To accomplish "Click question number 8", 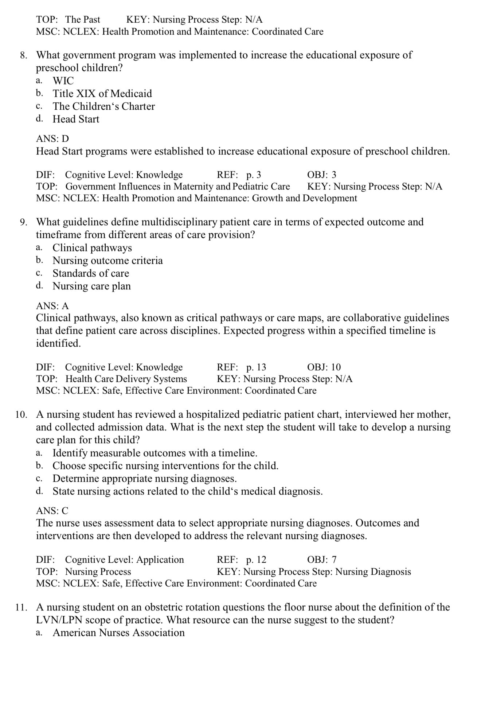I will pyautogui.click(x=23, y=55).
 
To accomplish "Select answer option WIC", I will pyautogui.click(x=63, y=81).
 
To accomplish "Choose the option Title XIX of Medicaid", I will pyautogui.click(x=102, y=93).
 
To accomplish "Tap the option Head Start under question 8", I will pyautogui.click(x=76, y=119).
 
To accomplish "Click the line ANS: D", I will pyautogui.click(x=52, y=138).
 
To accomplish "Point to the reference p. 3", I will pyautogui.click(x=254, y=175).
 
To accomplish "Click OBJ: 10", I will pyautogui.click(x=324, y=367).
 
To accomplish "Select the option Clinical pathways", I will pyautogui.click(x=92, y=247).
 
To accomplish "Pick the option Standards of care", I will pyautogui.click(x=91, y=273).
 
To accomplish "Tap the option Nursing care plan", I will pyautogui.click(x=91, y=286).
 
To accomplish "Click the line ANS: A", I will pyautogui.click(x=52, y=306).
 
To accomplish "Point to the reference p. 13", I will pyautogui.click(x=256, y=367).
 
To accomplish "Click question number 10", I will pyautogui.click(x=21, y=414).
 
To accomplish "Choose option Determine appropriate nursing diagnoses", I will pyautogui.click(x=145, y=478).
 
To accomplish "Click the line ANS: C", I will pyautogui.click(x=52, y=511).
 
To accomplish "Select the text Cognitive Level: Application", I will pyautogui.click(x=124, y=559).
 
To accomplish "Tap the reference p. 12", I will pyautogui.click(x=256, y=559).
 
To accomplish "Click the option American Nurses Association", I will pyautogui.click(x=118, y=632).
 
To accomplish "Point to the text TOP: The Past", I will pyautogui.click(x=68, y=19).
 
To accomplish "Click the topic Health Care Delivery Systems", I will pyautogui.click(x=126, y=379).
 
